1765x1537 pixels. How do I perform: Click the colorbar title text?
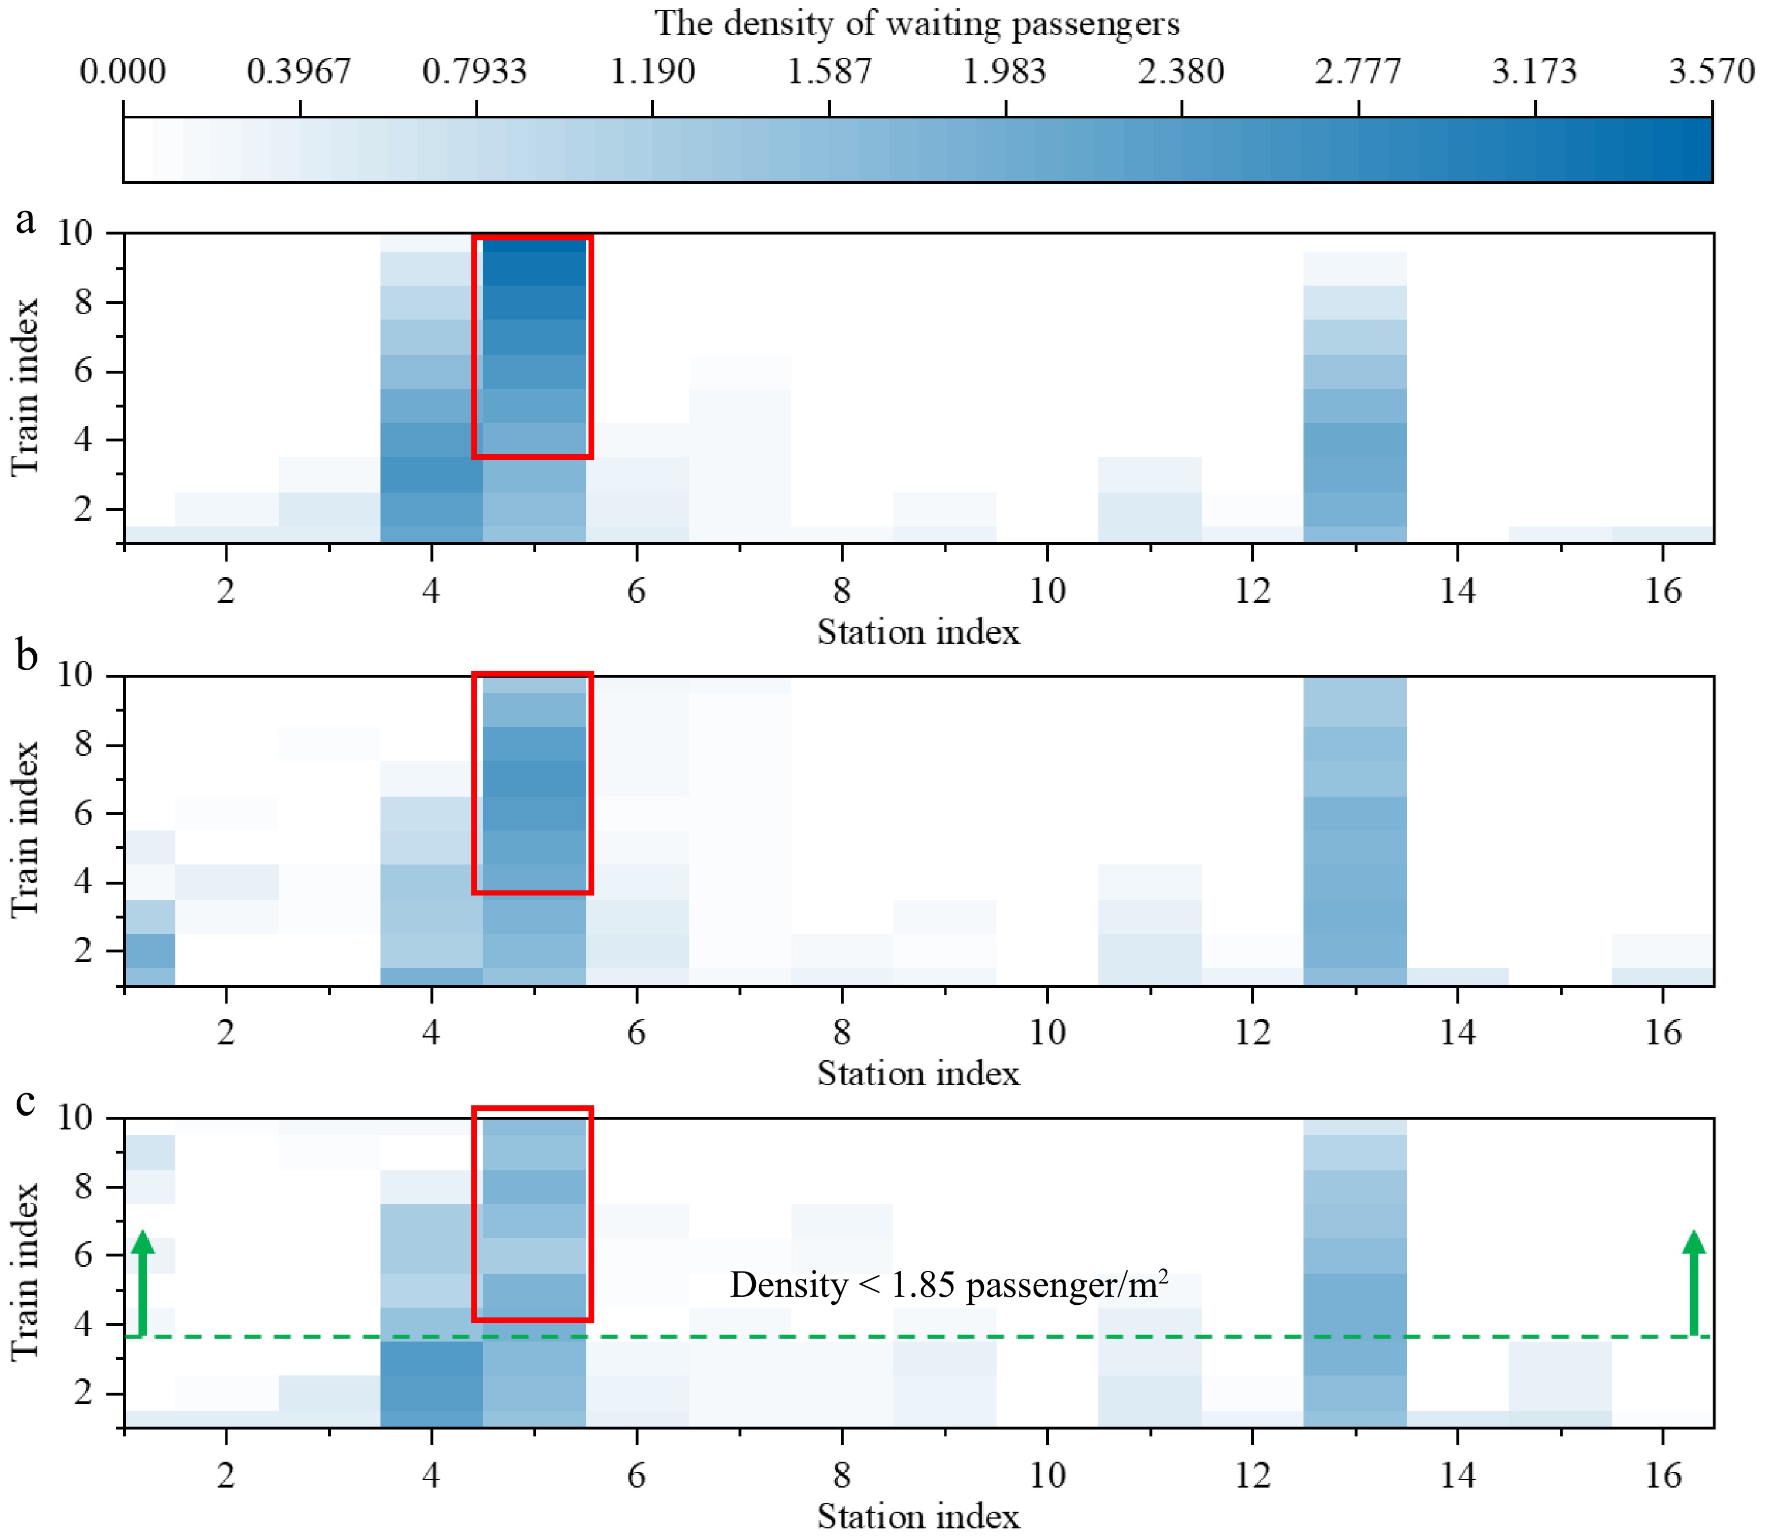point(917,24)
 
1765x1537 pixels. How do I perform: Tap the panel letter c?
point(26,1102)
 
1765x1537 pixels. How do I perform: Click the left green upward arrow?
point(143,1283)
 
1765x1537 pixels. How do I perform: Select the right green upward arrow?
point(1694,1283)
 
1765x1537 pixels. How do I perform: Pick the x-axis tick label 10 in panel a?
point(1047,591)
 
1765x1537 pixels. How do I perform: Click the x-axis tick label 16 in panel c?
point(1662,1475)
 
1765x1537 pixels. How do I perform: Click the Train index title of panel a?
point(26,387)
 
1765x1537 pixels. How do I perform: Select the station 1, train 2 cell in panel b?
point(150,950)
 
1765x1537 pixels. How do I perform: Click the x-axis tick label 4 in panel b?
point(430,1032)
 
